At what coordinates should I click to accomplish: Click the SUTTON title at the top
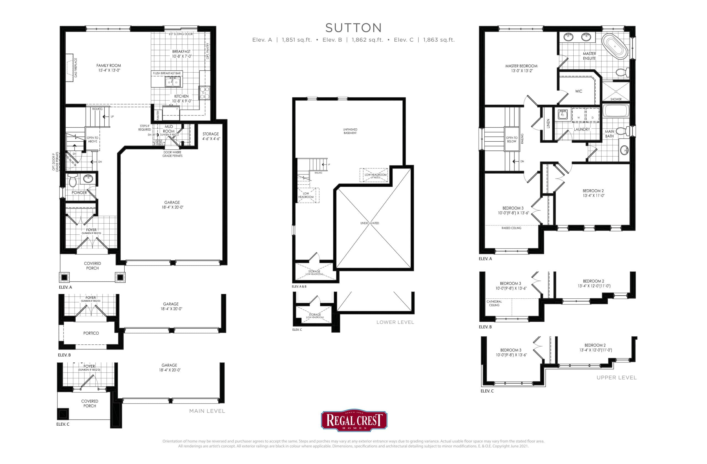click(353, 28)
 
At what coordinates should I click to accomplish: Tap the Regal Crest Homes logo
click(354, 421)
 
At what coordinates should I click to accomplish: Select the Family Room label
click(109, 66)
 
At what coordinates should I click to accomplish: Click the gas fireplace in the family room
click(70, 67)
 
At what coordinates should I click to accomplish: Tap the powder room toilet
click(72, 180)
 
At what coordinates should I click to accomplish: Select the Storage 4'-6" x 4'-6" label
click(211, 136)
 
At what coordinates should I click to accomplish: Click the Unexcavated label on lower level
click(370, 223)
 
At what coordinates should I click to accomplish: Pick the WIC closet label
click(578, 91)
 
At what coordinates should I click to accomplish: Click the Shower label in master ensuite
click(616, 99)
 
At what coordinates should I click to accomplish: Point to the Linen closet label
click(548, 123)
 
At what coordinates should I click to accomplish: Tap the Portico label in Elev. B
click(91, 333)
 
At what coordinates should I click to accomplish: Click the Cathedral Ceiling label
click(494, 303)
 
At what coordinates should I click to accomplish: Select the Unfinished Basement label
click(350, 131)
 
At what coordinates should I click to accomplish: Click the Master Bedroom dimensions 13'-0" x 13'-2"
click(521, 71)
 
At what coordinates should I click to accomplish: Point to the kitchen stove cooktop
click(204, 92)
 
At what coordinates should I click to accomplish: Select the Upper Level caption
click(616, 378)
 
